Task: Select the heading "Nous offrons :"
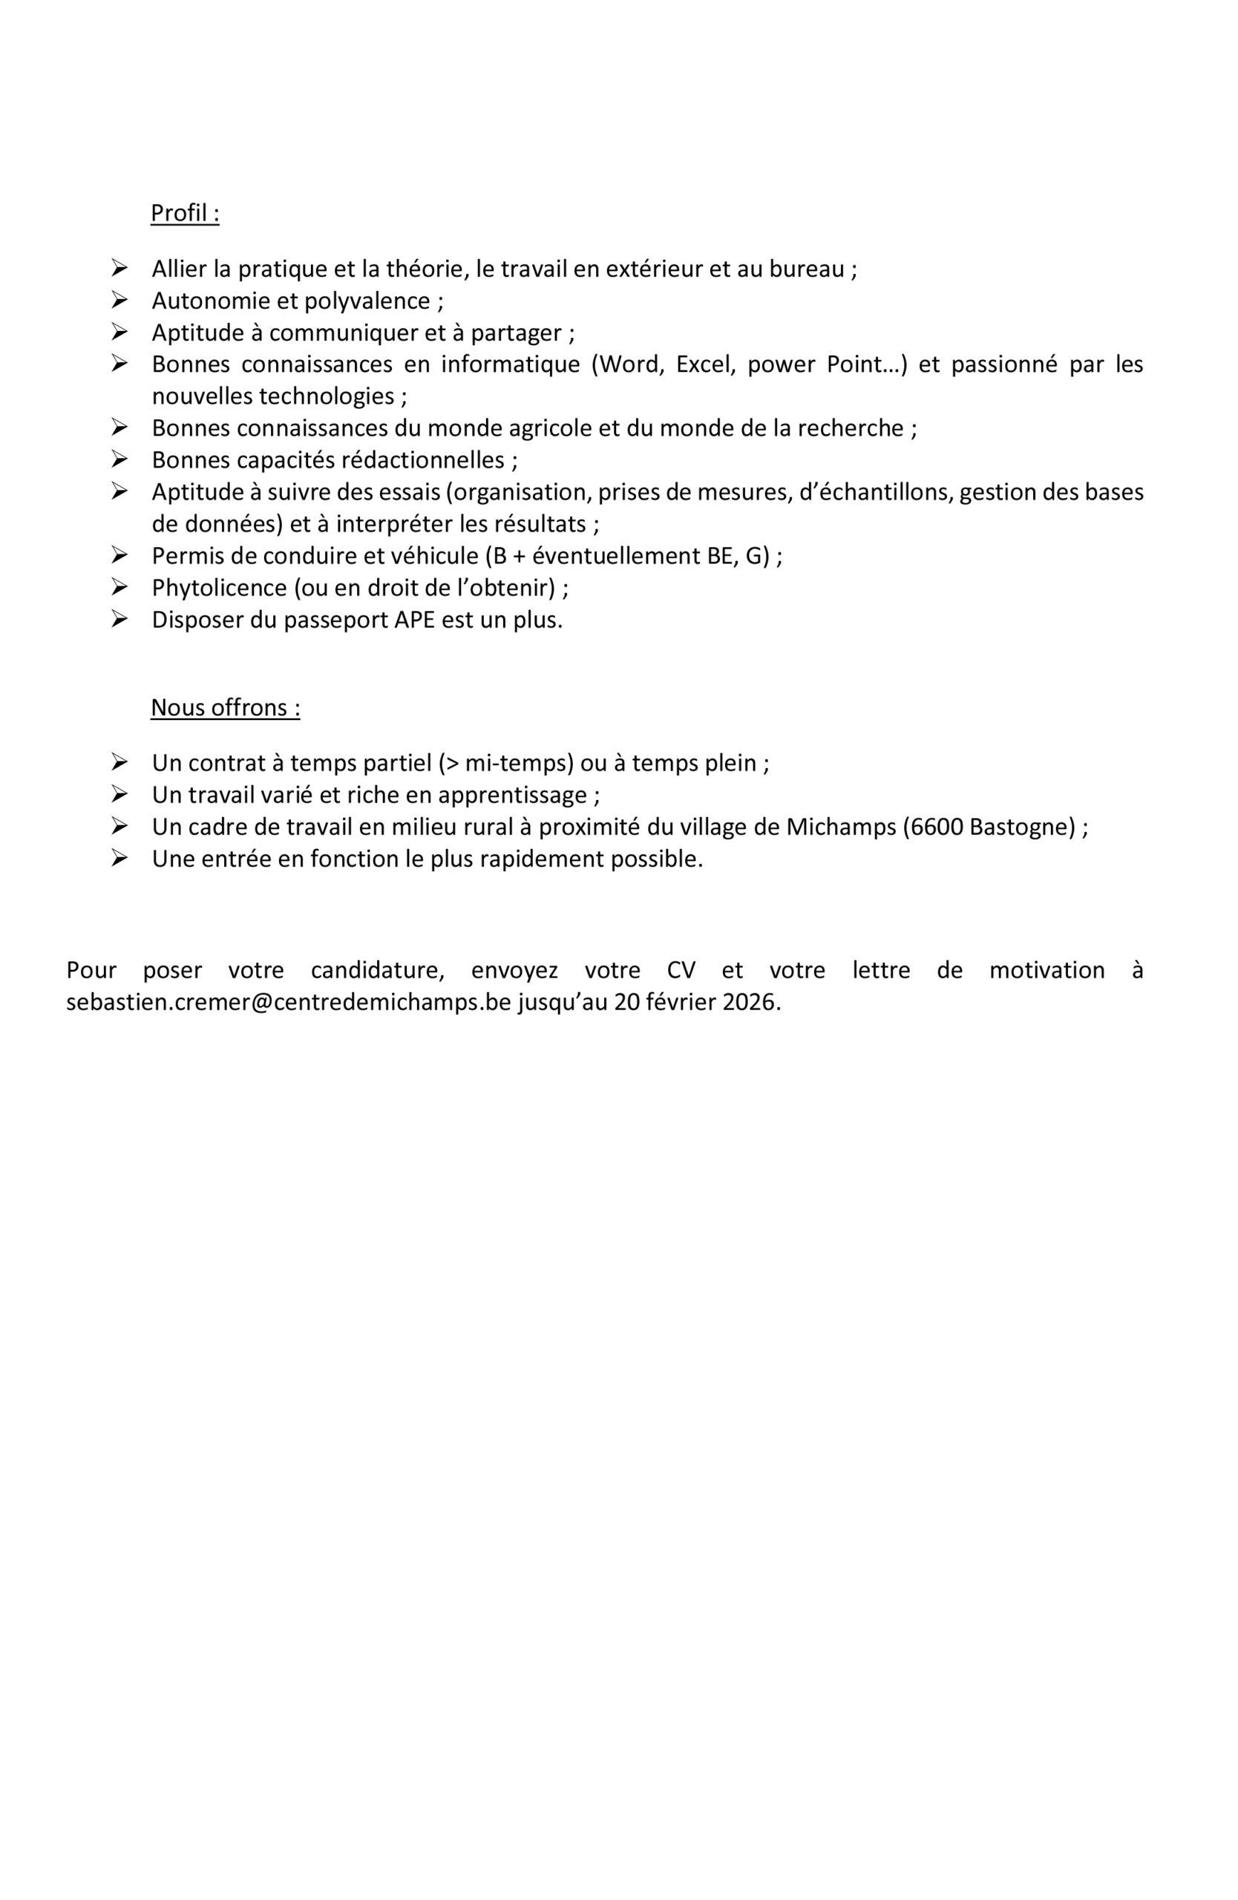pyautogui.click(x=225, y=708)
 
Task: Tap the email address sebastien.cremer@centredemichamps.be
pyautogui.click(x=288, y=1003)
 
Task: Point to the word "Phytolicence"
pyautogui.click(x=219, y=589)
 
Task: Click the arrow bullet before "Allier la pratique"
pyautogui.click(x=119, y=267)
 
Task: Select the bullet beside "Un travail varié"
pyautogui.click(x=119, y=794)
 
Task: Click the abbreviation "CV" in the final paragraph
pyautogui.click(x=681, y=971)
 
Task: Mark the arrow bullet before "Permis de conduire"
pyautogui.click(x=119, y=555)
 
